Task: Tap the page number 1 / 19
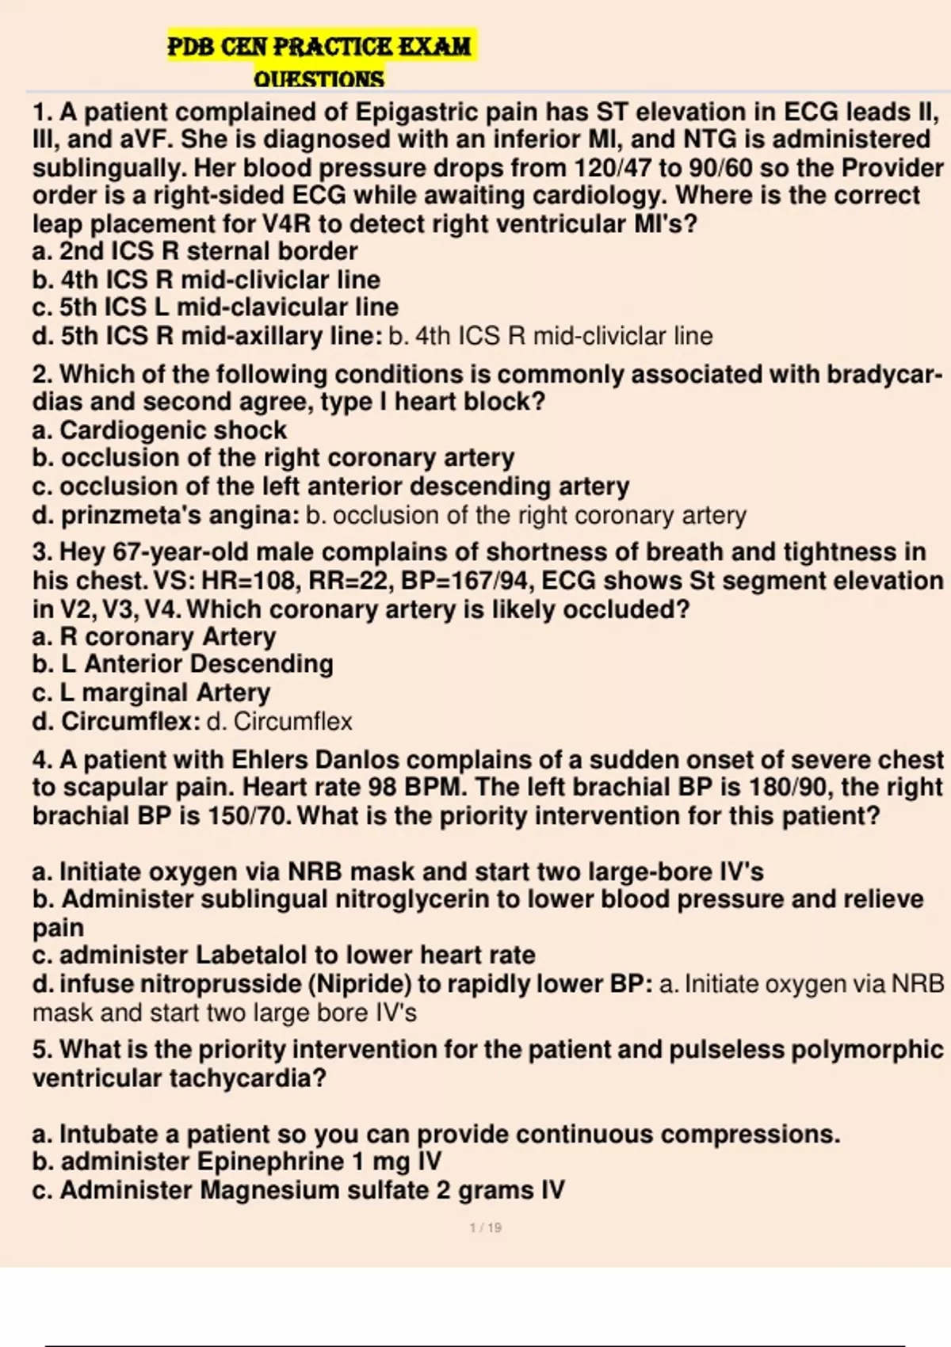pyautogui.click(x=486, y=1227)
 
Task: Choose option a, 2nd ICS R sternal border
pyautogui.click(x=195, y=251)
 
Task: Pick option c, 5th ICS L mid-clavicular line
pyautogui.click(x=216, y=307)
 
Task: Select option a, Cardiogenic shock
pyautogui.click(x=159, y=430)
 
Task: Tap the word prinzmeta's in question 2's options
pyautogui.click(x=120, y=515)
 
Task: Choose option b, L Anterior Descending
pyautogui.click(x=183, y=664)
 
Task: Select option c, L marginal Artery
pyautogui.click(x=151, y=693)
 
